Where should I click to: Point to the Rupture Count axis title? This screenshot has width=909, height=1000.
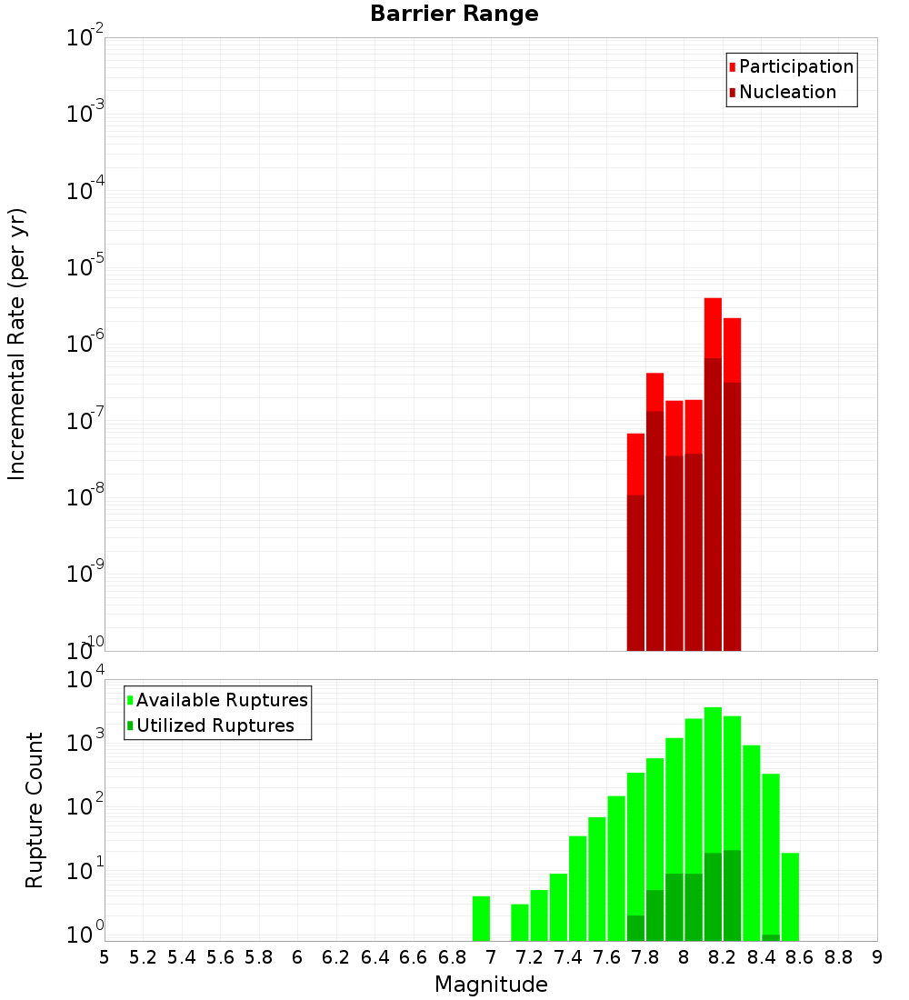click(35, 810)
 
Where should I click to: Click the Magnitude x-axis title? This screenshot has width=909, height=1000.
click(491, 985)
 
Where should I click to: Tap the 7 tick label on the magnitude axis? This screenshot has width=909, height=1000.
click(491, 956)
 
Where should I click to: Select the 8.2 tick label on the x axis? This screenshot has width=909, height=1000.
click(723, 956)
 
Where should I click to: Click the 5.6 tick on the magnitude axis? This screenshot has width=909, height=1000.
click(221, 956)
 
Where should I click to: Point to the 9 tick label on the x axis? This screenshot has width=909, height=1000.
click(876, 956)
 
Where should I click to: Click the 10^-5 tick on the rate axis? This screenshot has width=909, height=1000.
click(86, 267)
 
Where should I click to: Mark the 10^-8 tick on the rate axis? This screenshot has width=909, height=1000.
click(86, 497)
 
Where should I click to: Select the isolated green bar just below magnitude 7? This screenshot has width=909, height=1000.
click(481, 918)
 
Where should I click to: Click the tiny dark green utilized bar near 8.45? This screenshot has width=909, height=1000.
click(771, 937)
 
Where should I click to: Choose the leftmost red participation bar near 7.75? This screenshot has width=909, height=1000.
click(635, 464)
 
